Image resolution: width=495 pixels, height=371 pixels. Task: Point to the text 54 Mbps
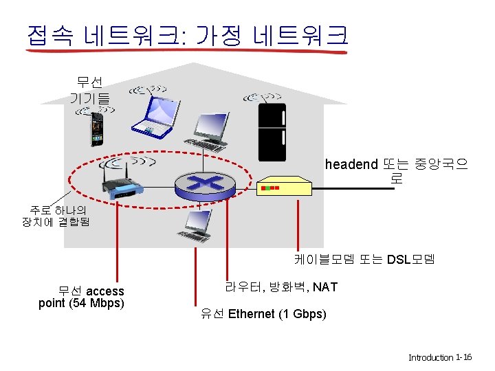coord(94,303)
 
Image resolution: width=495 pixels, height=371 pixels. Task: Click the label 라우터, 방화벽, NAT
coord(280,286)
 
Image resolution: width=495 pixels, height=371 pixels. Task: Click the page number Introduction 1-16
coord(439,357)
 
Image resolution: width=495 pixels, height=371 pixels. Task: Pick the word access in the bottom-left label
coord(105,291)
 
